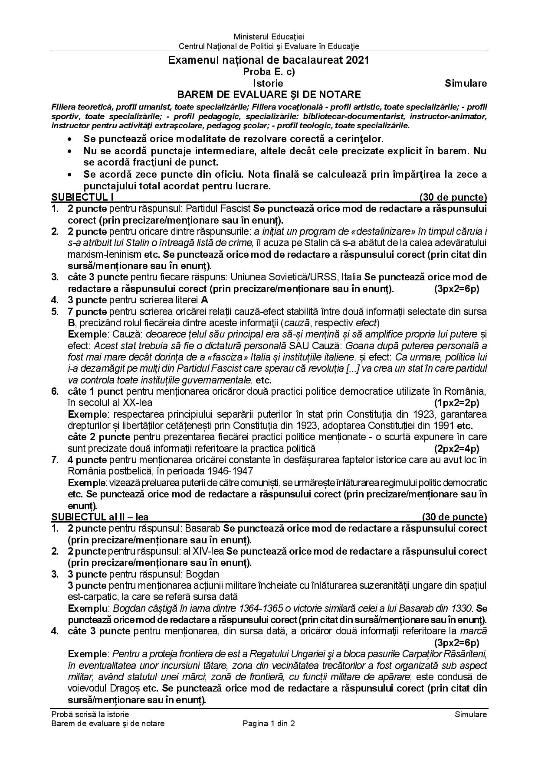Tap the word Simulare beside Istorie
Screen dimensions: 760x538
coord(466,83)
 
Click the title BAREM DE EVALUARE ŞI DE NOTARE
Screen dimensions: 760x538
coord(269,94)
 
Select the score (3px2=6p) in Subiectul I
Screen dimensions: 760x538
coord(456,289)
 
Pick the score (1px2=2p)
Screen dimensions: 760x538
coord(456,403)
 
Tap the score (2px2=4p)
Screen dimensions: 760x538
coord(456,448)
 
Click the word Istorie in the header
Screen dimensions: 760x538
coord(268,83)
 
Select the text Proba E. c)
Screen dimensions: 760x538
coord(269,72)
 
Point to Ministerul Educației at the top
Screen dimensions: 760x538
coord(269,37)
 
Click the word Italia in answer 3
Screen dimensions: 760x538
coord(352,277)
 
